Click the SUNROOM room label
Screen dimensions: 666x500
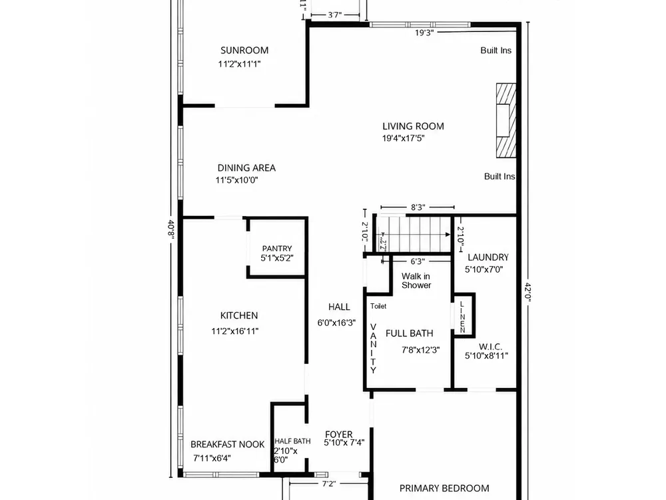244,50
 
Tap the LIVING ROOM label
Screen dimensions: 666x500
413,126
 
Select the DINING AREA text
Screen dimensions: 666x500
246,168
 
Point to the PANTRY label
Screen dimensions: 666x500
277,248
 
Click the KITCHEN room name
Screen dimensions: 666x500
238,315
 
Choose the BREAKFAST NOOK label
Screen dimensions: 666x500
227,444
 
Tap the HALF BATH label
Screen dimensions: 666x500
292,441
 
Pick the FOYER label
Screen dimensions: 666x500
338,435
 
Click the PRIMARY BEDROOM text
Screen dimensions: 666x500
444,488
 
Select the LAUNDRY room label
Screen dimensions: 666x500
488,257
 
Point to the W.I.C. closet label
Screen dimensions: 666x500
490,347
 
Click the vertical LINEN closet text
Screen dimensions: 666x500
462,317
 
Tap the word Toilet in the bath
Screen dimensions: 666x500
378,306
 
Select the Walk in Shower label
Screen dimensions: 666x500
416,281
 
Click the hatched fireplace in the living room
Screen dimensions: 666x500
506,121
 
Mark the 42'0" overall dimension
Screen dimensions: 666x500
528,292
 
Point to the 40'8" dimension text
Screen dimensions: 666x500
171,229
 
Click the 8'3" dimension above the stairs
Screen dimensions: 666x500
418,207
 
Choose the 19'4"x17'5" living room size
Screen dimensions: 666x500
403,138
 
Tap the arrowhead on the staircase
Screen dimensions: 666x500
448,234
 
